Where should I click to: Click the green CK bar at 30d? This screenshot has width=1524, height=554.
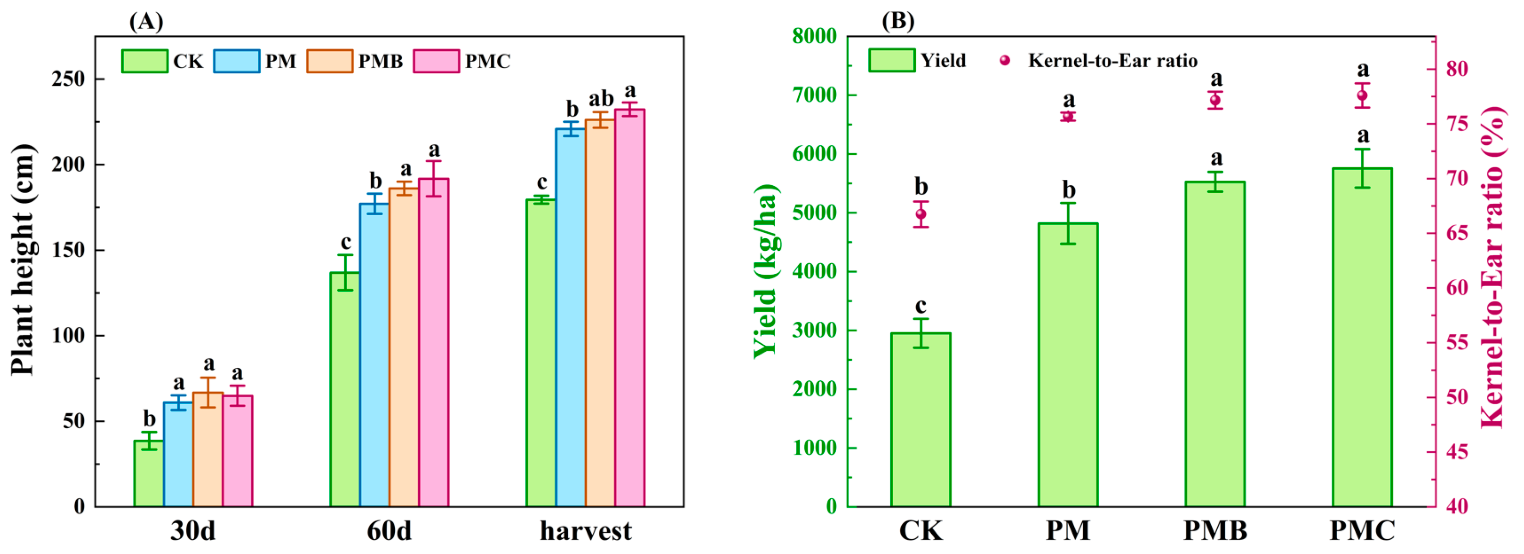click(x=149, y=473)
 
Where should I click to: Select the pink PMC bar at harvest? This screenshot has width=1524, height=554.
click(x=630, y=307)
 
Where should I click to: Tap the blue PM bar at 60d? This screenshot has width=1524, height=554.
click(x=374, y=355)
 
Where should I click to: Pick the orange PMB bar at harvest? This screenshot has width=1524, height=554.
click(x=600, y=313)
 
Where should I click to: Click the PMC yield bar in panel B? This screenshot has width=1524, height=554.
click(x=1362, y=337)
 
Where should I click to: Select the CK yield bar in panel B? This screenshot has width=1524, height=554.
click(x=921, y=420)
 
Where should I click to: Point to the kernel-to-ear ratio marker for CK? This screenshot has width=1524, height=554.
click(x=921, y=214)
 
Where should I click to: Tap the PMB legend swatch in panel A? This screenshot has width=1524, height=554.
click(x=329, y=61)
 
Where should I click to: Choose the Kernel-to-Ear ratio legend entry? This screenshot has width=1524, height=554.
click(x=1112, y=60)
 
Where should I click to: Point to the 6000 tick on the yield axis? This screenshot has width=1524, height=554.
click(x=815, y=154)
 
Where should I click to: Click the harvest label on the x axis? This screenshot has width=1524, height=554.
click(x=586, y=530)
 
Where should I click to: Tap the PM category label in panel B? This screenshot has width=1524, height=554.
click(x=1067, y=530)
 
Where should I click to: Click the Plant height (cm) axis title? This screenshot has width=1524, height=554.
click(x=24, y=260)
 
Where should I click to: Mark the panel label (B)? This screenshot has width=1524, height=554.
click(x=898, y=21)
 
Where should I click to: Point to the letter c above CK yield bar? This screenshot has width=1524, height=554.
click(x=921, y=306)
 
